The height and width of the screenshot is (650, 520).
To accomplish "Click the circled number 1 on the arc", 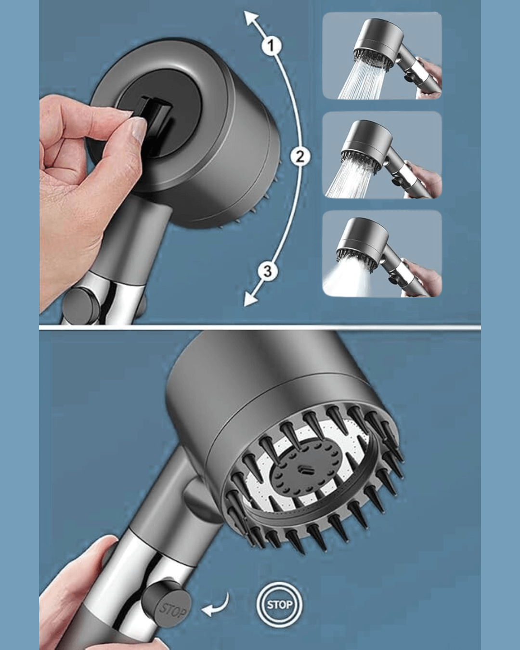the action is [271, 45].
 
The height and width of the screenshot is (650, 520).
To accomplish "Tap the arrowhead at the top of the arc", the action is [250, 19].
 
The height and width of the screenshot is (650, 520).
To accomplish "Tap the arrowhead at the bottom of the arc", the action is [251, 299].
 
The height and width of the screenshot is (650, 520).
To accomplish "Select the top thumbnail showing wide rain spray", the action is [382, 55].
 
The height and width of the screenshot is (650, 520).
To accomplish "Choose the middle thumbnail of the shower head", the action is [382, 155].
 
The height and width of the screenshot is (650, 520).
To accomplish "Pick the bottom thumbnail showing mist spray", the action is [382, 254].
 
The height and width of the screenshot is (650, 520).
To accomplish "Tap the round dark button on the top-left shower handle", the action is [80, 300].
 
